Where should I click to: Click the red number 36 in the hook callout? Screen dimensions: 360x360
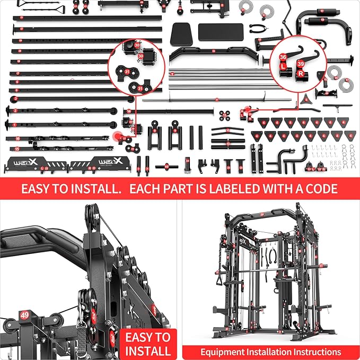point(283,57)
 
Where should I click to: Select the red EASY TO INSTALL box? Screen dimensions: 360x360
point(148,344)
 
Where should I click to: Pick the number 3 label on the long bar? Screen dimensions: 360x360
point(16,99)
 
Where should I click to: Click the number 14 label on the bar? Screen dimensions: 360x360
point(129,111)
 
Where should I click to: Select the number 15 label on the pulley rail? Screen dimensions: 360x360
point(17,149)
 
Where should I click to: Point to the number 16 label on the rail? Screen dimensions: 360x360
point(17,139)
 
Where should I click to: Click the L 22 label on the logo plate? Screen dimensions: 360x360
point(44,168)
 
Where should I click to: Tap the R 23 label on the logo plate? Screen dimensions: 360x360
point(92,168)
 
